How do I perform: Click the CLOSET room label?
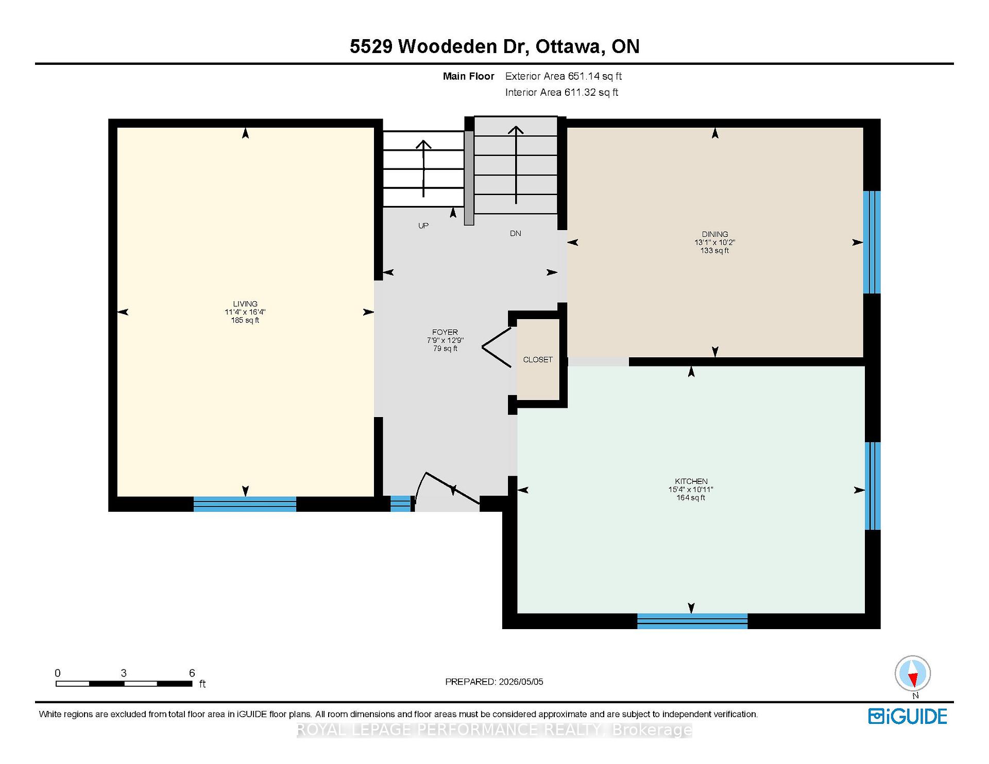(x=538, y=359)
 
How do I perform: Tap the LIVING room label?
(x=245, y=304)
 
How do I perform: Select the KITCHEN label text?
(x=691, y=481)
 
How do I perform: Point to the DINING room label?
(x=714, y=234)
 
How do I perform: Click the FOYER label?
(x=445, y=332)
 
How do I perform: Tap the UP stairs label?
(x=423, y=225)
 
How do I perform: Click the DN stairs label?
(x=516, y=233)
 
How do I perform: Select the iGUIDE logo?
(x=908, y=716)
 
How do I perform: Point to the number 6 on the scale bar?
(x=192, y=673)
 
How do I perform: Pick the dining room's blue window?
(x=872, y=242)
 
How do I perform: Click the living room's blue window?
(x=245, y=504)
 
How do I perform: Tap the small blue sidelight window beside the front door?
(x=401, y=503)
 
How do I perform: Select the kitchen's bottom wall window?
(x=692, y=621)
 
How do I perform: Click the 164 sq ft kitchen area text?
(x=691, y=498)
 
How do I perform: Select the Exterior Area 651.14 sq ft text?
(x=564, y=76)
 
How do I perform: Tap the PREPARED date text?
(x=494, y=682)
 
